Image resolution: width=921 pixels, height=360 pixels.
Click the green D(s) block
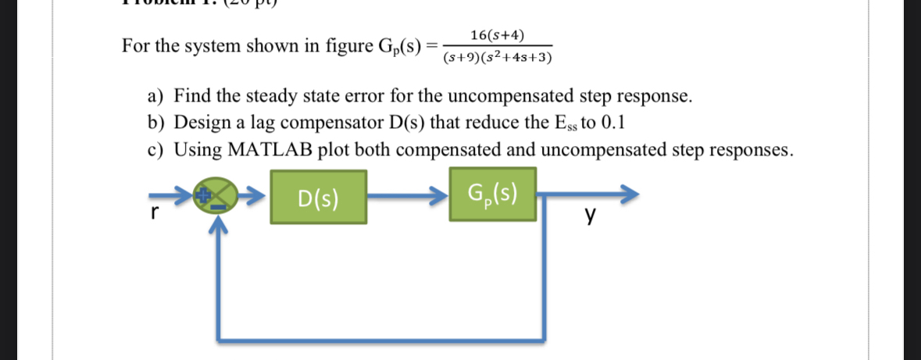[x=319, y=197]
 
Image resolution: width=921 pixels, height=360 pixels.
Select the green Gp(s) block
[x=492, y=194]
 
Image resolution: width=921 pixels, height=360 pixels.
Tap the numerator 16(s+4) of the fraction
[x=497, y=35]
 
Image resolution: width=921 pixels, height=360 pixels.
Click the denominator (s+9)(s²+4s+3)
[x=497, y=58]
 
